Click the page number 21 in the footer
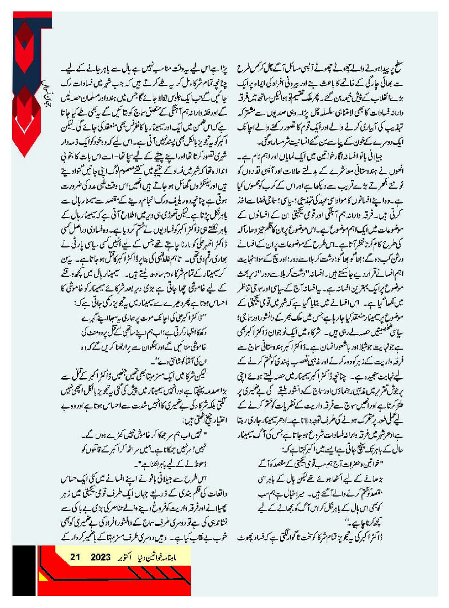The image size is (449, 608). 76,556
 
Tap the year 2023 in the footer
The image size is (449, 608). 101,556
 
